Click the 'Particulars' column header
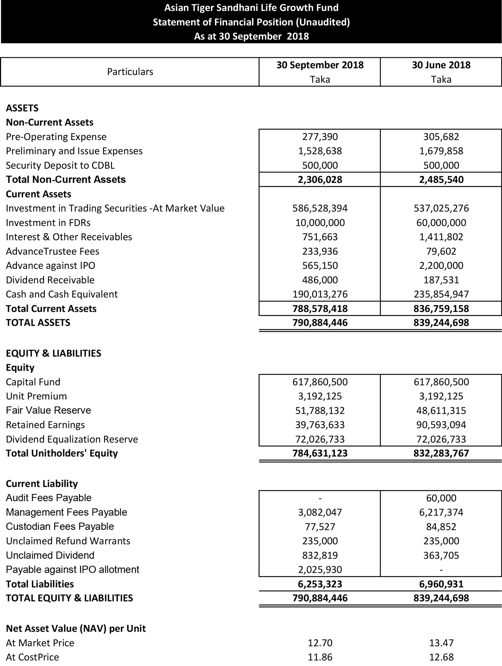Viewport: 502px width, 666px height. coord(130,72)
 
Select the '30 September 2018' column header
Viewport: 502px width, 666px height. coord(320,65)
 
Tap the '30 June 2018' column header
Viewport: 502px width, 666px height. coord(441,65)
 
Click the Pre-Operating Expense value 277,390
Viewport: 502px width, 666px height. coord(320,137)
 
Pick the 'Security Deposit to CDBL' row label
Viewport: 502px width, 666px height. coord(60,165)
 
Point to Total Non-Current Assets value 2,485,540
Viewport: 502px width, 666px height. coord(441,180)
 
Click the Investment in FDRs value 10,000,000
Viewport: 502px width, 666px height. coord(320,223)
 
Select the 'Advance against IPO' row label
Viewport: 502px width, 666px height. coord(51,266)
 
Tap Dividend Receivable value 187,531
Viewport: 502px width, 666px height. coord(441,280)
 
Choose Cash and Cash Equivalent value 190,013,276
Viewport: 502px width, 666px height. coord(320,294)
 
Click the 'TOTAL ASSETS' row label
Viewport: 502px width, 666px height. coord(38,323)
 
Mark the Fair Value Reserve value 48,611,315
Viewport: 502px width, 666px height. coord(441,410)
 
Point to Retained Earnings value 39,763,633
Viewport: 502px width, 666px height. coord(320,425)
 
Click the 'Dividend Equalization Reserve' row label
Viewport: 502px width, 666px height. coord(72,439)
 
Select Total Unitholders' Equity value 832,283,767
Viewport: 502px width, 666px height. coord(441,453)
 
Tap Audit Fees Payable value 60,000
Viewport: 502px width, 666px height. coord(441,498)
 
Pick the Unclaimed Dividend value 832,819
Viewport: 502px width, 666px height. coord(320,555)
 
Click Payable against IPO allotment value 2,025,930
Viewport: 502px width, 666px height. coord(320,570)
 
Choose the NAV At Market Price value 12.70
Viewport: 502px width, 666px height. coord(320,643)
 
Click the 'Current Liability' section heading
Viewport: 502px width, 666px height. coord(42,484)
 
